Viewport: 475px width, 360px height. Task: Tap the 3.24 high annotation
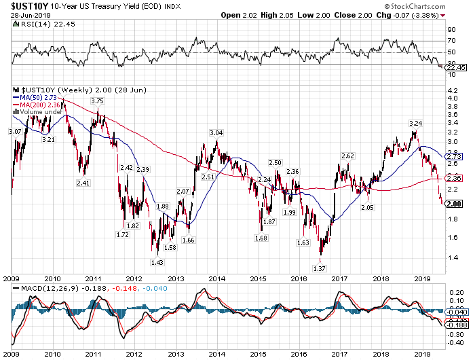coord(416,123)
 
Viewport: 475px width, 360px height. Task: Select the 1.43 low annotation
coord(156,262)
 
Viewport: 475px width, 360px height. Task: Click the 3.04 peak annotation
coord(216,132)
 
